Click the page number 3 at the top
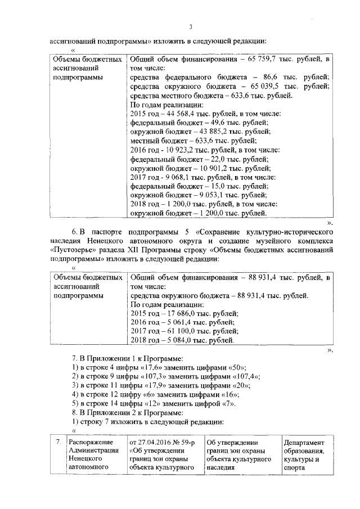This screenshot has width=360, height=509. pyautogui.click(x=191, y=26)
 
